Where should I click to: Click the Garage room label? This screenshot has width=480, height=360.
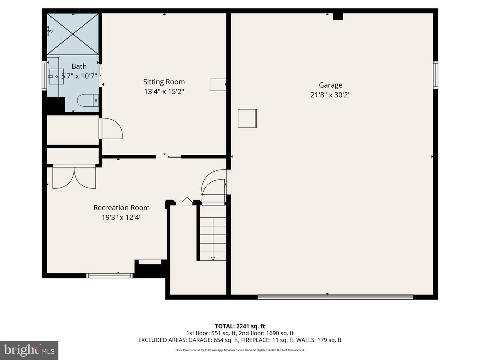[x=330, y=85]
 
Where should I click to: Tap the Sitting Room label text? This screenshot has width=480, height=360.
[x=164, y=82]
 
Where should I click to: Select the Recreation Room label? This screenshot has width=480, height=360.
[x=121, y=208]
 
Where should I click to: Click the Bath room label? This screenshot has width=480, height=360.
[x=79, y=66]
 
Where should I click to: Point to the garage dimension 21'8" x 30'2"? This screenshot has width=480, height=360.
[x=330, y=95]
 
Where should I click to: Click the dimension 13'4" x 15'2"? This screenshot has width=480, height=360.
[x=164, y=92]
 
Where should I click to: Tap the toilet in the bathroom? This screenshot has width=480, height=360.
[x=87, y=100]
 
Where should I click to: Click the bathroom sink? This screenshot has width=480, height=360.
[x=56, y=76]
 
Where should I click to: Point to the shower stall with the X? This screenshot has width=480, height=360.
[x=73, y=34]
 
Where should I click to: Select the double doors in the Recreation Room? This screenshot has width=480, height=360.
[x=74, y=177]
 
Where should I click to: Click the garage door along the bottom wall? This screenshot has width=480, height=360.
[x=335, y=297]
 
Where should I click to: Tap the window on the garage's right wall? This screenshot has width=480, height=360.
[x=436, y=75]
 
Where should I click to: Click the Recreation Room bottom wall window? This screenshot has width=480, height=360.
[x=110, y=275]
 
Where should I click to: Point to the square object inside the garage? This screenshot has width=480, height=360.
[x=247, y=118]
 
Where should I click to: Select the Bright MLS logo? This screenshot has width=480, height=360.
[x=29, y=350]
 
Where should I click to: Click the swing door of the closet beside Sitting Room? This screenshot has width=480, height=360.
[x=111, y=129]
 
